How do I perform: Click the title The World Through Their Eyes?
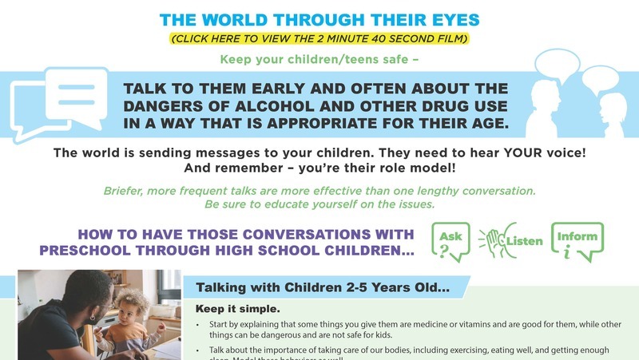[x=319, y=19]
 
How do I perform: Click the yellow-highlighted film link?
[x=319, y=38]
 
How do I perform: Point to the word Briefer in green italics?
[x=126, y=192]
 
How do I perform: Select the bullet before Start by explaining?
[x=199, y=325]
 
